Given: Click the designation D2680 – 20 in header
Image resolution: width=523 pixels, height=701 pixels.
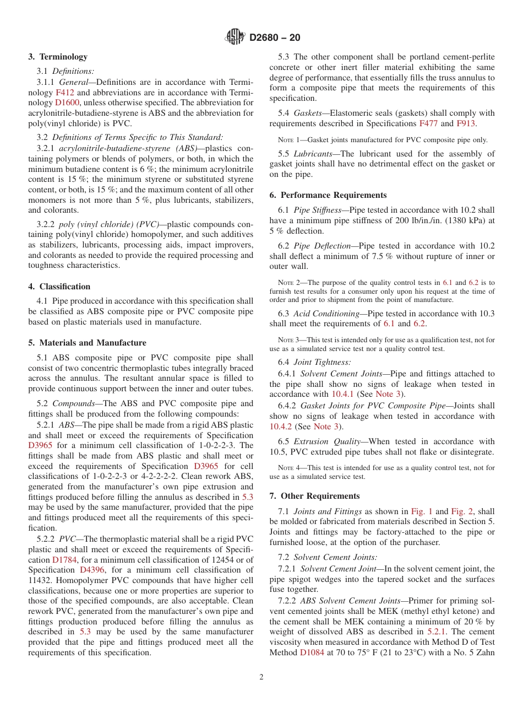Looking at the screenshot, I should point(275,38).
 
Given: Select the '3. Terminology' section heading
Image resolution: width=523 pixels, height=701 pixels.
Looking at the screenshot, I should point(58,57).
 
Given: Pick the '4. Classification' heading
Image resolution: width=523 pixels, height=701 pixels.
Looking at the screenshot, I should point(59,287).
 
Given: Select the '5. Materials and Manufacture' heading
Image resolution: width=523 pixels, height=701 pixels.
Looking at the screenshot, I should point(87,343).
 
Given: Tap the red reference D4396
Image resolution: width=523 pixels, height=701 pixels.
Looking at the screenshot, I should point(90,570).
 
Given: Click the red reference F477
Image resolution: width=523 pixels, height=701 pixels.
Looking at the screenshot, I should point(429,123).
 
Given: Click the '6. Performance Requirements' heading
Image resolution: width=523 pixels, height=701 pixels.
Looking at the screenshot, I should point(328,195).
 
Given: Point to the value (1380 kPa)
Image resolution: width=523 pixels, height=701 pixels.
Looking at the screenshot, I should point(449,220).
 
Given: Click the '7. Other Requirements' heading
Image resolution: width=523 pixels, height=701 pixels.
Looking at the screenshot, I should point(314,496).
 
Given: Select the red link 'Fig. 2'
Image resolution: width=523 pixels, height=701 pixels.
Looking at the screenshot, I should point(462,511).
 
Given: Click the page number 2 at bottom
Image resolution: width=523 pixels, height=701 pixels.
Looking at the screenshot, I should point(261,677).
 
